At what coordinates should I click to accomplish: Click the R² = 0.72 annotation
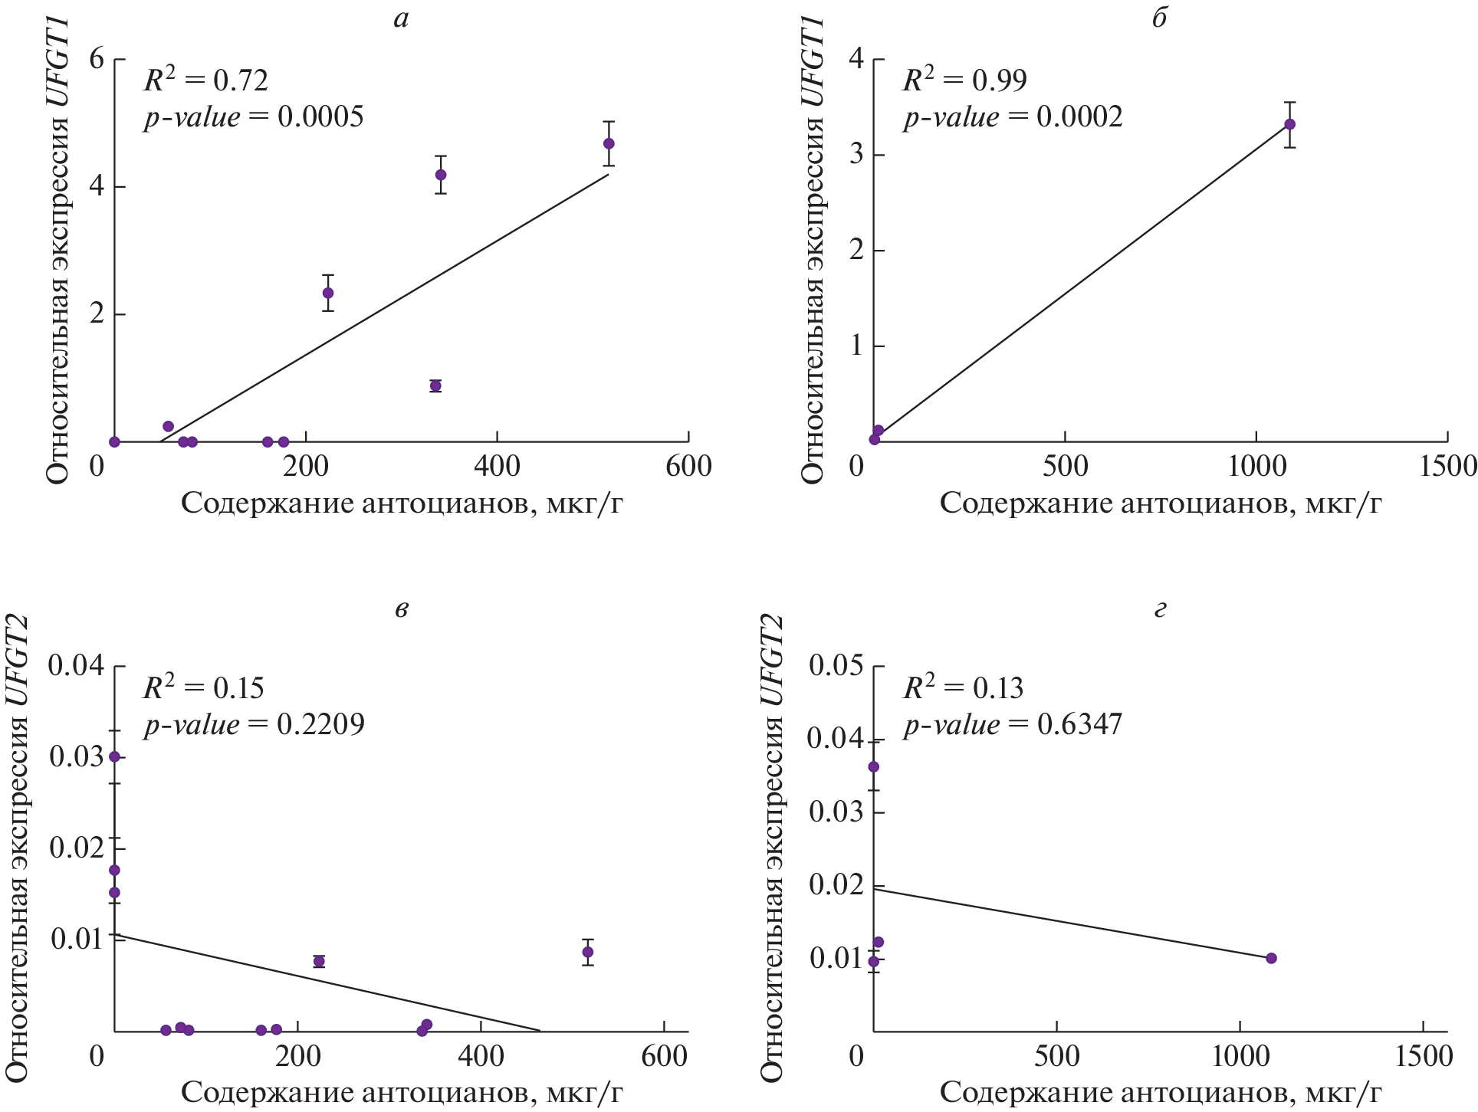205,79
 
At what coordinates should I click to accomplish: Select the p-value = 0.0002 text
1013,116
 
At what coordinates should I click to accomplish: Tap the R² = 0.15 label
203,687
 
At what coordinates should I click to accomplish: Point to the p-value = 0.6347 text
1013,724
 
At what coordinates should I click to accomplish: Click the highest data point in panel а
609,143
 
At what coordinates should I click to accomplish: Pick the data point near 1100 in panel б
1289,124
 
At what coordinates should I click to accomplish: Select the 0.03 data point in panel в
115,756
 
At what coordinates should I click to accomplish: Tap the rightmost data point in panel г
1271,958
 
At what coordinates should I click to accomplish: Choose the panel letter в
401,609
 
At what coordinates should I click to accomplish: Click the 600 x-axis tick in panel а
688,466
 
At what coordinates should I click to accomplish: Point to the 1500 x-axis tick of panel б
1447,466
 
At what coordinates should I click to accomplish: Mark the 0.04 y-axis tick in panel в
76,665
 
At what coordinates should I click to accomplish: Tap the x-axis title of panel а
401,504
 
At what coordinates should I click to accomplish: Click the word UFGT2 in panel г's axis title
773,661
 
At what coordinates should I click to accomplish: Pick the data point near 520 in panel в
588,952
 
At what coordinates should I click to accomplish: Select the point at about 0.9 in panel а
435,385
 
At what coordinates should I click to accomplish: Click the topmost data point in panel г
873,767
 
